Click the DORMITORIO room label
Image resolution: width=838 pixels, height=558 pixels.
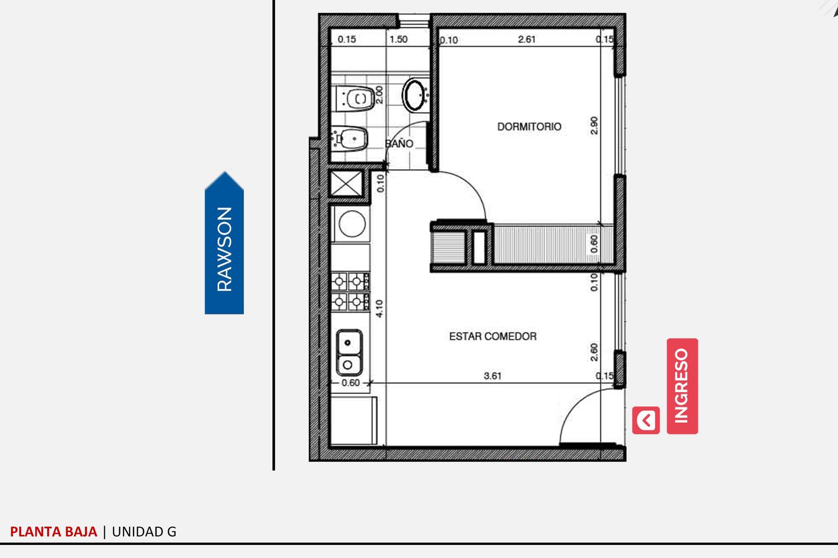point(529,126)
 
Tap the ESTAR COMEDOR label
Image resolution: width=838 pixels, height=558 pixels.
point(493,336)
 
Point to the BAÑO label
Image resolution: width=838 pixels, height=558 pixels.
point(399,144)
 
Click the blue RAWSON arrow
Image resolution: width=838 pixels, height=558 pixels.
point(224,243)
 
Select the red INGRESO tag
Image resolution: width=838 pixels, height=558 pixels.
point(682,386)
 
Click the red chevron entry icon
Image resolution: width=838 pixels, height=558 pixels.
point(646,420)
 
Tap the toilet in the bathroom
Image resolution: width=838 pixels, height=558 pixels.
point(355,99)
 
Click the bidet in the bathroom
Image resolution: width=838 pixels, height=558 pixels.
point(349,138)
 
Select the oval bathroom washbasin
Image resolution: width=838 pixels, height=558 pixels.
point(415,95)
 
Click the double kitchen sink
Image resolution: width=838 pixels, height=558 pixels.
point(349,353)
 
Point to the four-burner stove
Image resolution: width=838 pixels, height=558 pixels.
point(350,292)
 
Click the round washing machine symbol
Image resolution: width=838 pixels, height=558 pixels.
point(352,224)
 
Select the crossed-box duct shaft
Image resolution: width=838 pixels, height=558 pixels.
point(346,183)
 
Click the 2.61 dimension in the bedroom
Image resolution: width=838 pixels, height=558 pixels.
point(526,39)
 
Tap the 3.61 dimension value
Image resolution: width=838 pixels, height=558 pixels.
point(492,376)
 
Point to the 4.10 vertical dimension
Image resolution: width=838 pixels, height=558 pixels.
point(379,309)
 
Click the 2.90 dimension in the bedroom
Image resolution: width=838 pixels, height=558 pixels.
point(594,125)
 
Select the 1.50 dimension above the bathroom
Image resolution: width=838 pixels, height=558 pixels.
point(399,39)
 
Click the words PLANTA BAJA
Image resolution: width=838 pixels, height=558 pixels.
point(53,531)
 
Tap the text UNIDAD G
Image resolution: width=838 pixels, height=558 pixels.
point(144,531)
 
